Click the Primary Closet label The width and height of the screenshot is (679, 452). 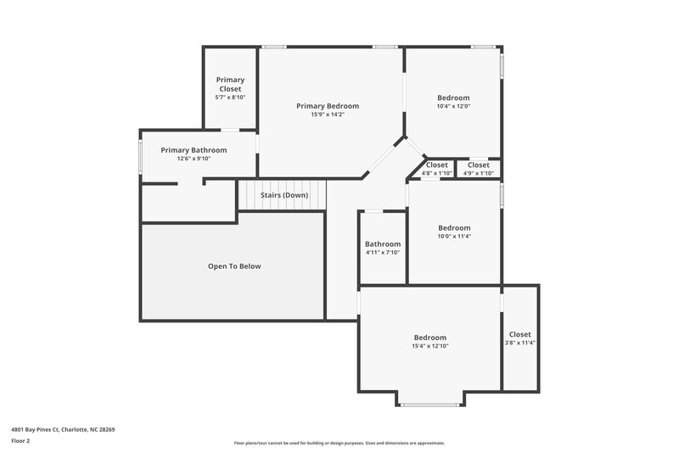[x=230, y=84]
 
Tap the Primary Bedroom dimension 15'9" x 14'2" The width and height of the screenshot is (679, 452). [x=328, y=114]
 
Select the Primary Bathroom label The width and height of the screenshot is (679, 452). [x=194, y=150]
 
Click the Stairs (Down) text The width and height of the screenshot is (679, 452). [x=283, y=195]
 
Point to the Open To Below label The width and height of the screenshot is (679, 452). [x=234, y=266]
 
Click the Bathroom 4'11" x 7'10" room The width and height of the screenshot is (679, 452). [x=383, y=248]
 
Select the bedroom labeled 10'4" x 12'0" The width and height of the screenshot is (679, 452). [x=453, y=102]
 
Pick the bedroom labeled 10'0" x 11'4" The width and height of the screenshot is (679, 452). [x=454, y=232]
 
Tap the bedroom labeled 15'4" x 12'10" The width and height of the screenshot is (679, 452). [x=429, y=341]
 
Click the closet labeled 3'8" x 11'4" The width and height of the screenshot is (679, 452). [x=519, y=338]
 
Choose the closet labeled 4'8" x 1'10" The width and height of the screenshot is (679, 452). [x=436, y=169]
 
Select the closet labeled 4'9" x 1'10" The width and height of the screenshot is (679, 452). [x=478, y=169]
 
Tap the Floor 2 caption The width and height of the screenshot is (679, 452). [x=20, y=441]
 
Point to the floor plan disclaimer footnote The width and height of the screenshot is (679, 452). [x=339, y=443]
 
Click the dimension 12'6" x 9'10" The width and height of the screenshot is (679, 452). [x=194, y=159]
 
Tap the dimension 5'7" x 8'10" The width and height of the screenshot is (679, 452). [x=230, y=98]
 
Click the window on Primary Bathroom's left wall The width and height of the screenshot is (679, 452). [x=141, y=156]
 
